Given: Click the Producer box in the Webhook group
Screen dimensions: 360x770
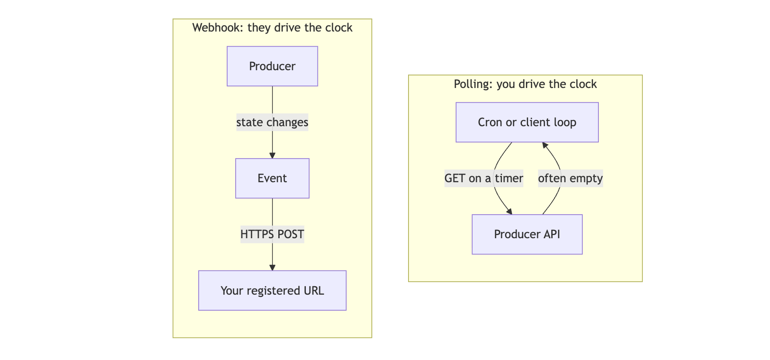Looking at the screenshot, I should point(272,66).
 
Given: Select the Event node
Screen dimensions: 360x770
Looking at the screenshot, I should point(272,178).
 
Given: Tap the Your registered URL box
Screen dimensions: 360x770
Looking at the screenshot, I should point(272,291).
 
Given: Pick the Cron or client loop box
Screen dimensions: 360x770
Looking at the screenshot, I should point(527,122).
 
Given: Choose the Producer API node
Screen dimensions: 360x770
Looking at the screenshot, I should point(527,234).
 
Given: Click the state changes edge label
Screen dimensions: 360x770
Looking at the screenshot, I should point(272,122).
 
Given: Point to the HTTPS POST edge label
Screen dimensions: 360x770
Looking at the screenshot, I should point(272,234).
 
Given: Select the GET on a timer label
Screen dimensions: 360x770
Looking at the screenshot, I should point(484,178).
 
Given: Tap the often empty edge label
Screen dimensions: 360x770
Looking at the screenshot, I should point(570,178).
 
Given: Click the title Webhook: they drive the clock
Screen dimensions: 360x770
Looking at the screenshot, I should point(272,28).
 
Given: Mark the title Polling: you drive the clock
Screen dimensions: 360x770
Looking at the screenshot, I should point(525,84).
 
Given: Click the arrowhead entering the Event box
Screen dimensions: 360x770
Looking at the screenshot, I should point(273,155).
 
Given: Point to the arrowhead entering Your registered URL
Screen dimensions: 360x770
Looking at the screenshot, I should point(273,267).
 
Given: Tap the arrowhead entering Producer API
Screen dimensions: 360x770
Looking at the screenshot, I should point(509,211).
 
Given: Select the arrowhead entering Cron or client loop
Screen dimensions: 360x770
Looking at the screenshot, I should point(545,146).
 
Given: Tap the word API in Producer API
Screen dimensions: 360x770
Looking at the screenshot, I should point(551,234).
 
